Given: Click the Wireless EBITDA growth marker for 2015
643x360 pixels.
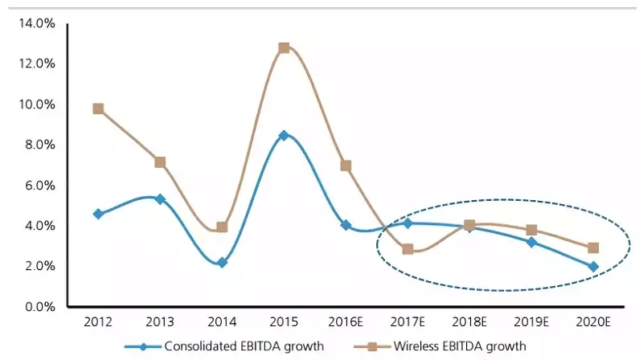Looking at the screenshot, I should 284,47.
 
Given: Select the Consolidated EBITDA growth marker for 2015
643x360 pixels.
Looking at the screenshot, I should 284,135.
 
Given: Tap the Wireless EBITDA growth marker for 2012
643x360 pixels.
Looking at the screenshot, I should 98,108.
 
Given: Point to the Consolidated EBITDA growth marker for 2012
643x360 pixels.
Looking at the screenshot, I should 98,214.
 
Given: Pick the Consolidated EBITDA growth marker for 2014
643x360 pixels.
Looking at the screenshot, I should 222,263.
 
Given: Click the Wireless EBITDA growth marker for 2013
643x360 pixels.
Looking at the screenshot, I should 160,162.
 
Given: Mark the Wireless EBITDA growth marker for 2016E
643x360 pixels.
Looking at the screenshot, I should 346,166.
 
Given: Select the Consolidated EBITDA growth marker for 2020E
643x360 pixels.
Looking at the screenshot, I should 593,266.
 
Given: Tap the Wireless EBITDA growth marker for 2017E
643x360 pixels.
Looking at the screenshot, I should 408,249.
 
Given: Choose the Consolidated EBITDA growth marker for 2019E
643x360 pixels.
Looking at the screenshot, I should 531,242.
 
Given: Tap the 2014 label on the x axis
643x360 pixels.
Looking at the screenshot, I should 222,322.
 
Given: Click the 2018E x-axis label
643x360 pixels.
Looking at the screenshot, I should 469,322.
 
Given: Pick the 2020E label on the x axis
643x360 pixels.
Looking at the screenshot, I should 593,322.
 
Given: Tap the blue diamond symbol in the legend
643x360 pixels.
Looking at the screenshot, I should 142,346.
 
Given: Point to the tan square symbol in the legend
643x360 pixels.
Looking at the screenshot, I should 371,346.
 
